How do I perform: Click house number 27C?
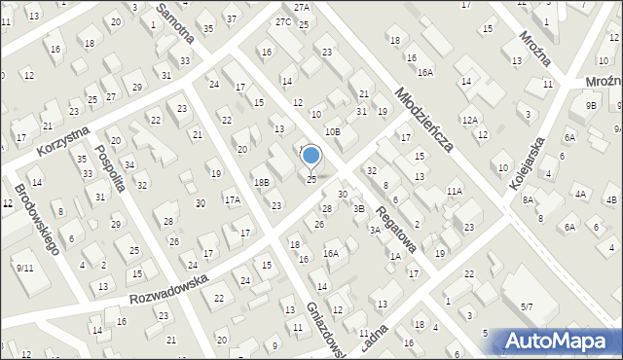point(282,21)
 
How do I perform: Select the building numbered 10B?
point(333,131)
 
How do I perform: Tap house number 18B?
point(261,182)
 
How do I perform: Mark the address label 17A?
point(233,200)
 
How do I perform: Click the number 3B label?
point(358,208)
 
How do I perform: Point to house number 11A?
point(455,192)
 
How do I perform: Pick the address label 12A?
point(470,120)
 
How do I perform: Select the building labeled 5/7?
point(526,306)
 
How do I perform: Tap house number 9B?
point(591,105)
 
